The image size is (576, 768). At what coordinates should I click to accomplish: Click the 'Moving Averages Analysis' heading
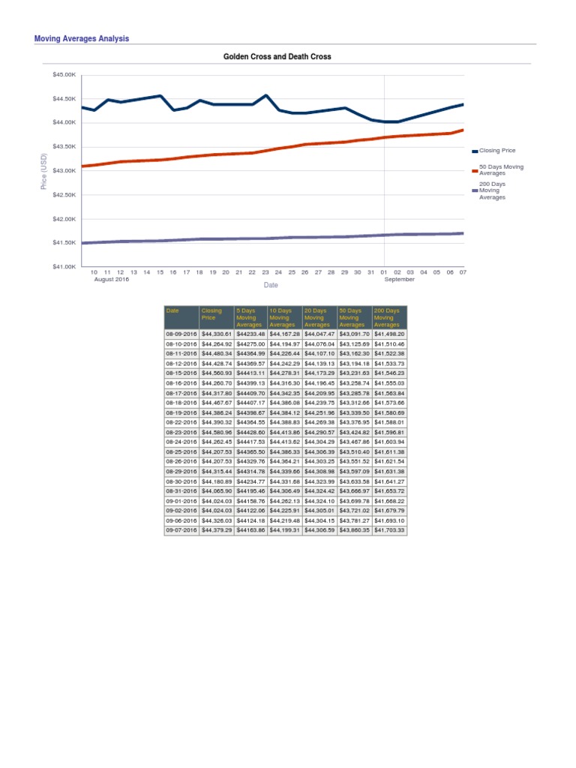pyautogui.click(x=82, y=38)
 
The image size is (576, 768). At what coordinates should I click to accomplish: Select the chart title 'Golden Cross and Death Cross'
pyautogui.click(x=277, y=56)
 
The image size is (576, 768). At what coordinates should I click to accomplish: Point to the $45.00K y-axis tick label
pyautogui.click(x=64, y=74)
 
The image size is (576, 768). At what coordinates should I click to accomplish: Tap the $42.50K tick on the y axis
pyautogui.click(x=64, y=195)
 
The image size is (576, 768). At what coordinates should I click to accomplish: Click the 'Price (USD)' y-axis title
pyautogui.click(x=43, y=171)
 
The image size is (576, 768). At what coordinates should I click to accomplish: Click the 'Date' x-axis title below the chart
pyautogui.click(x=271, y=285)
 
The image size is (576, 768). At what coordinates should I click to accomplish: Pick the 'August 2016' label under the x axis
pyautogui.click(x=112, y=279)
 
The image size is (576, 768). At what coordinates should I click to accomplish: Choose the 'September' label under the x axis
pyautogui.click(x=399, y=279)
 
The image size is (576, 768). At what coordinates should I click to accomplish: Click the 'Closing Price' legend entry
pyautogui.click(x=496, y=151)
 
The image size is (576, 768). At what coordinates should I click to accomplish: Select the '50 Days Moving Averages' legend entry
pyautogui.click(x=501, y=169)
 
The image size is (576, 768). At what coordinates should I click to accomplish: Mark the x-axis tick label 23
pyautogui.click(x=265, y=272)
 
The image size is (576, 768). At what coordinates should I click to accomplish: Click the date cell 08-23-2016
pyautogui.click(x=181, y=432)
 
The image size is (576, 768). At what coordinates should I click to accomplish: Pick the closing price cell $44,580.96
pyautogui.click(x=217, y=432)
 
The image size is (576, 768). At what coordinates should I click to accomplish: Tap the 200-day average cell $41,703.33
pyautogui.click(x=389, y=529)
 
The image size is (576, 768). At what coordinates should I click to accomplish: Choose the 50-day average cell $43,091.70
pyautogui.click(x=355, y=334)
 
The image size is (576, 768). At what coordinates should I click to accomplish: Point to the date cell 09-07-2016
pyautogui.click(x=181, y=529)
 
